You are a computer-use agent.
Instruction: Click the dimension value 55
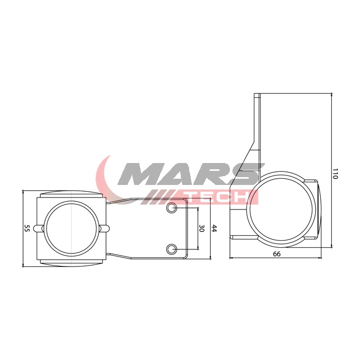(27, 228)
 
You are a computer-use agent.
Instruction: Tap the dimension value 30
(201, 228)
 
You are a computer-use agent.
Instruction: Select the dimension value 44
(214, 228)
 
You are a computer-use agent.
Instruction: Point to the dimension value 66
(276, 254)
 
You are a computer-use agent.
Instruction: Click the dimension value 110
(335, 174)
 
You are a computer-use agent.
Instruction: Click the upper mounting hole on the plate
(171, 208)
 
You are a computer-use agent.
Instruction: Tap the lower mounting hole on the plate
(171, 249)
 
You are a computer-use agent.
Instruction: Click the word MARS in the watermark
(191, 174)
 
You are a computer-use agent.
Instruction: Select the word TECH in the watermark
(218, 198)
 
